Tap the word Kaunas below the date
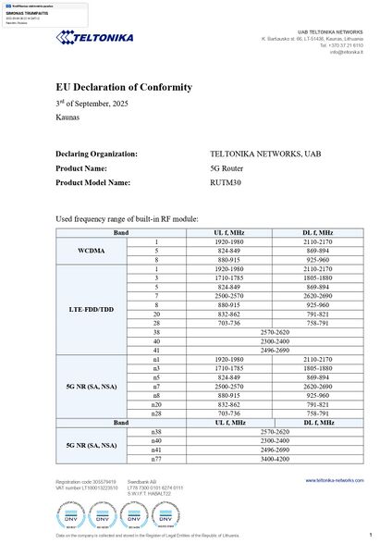(x=67, y=119)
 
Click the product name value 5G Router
(x=227, y=168)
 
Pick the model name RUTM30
(x=225, y=183)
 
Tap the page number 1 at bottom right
(x=370, y=536)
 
